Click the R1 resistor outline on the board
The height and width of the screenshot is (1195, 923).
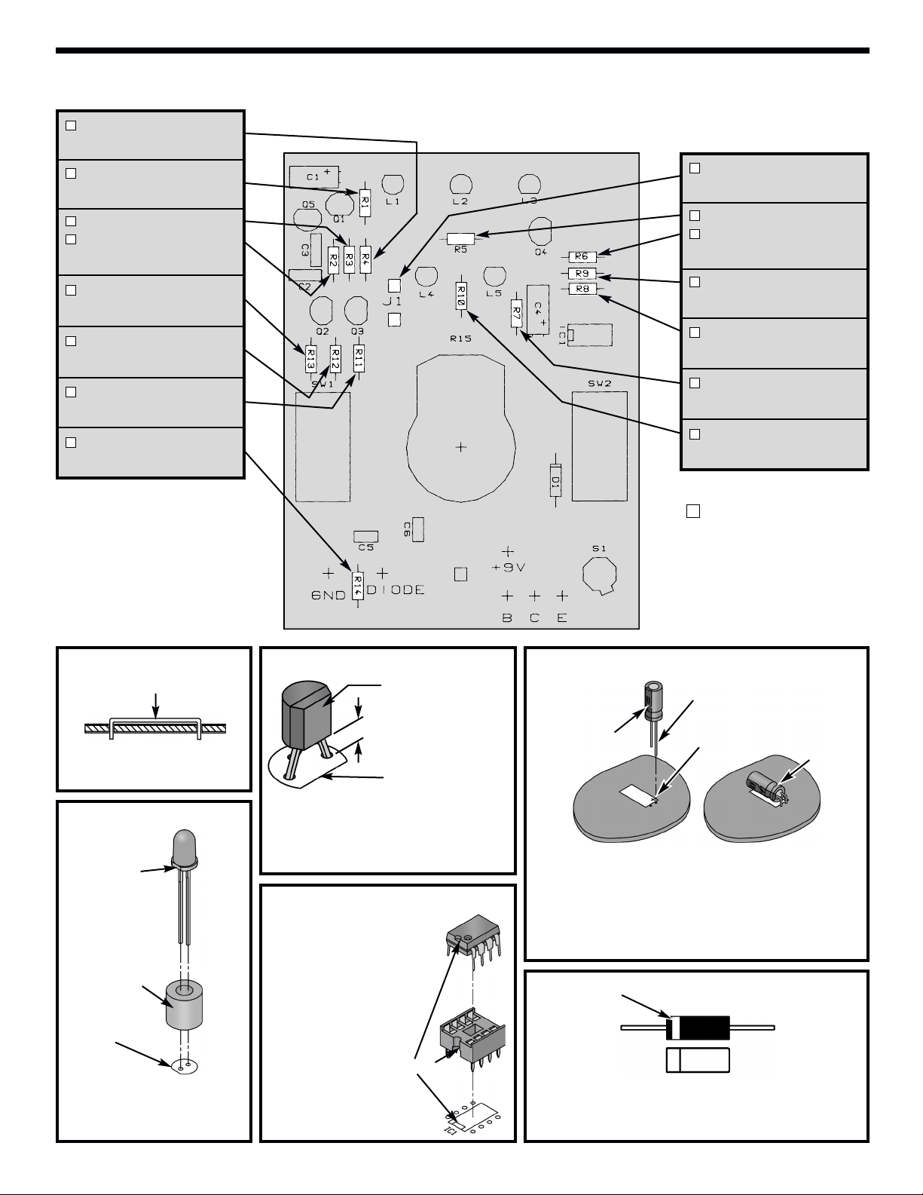point(364,203)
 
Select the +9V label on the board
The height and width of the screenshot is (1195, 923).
point(508,568)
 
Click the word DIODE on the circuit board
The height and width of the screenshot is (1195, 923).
point(396,590)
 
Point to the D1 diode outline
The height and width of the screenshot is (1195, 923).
point(555,480)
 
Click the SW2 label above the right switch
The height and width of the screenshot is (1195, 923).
point(600,383)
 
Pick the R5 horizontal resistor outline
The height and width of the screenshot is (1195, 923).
point(460,238)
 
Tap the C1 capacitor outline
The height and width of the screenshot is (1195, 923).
point(314,177)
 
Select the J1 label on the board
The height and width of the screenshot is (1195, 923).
point(393,302)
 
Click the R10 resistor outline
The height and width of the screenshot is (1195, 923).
point(461,296)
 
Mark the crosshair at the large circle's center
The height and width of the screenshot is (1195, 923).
point(461,447)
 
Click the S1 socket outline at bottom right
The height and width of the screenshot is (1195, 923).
point(600,575)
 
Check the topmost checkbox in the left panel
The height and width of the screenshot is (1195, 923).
point(71,125)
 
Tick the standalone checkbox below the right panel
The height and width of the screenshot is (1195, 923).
point(693,511)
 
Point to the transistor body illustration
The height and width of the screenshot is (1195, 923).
point(307,715)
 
